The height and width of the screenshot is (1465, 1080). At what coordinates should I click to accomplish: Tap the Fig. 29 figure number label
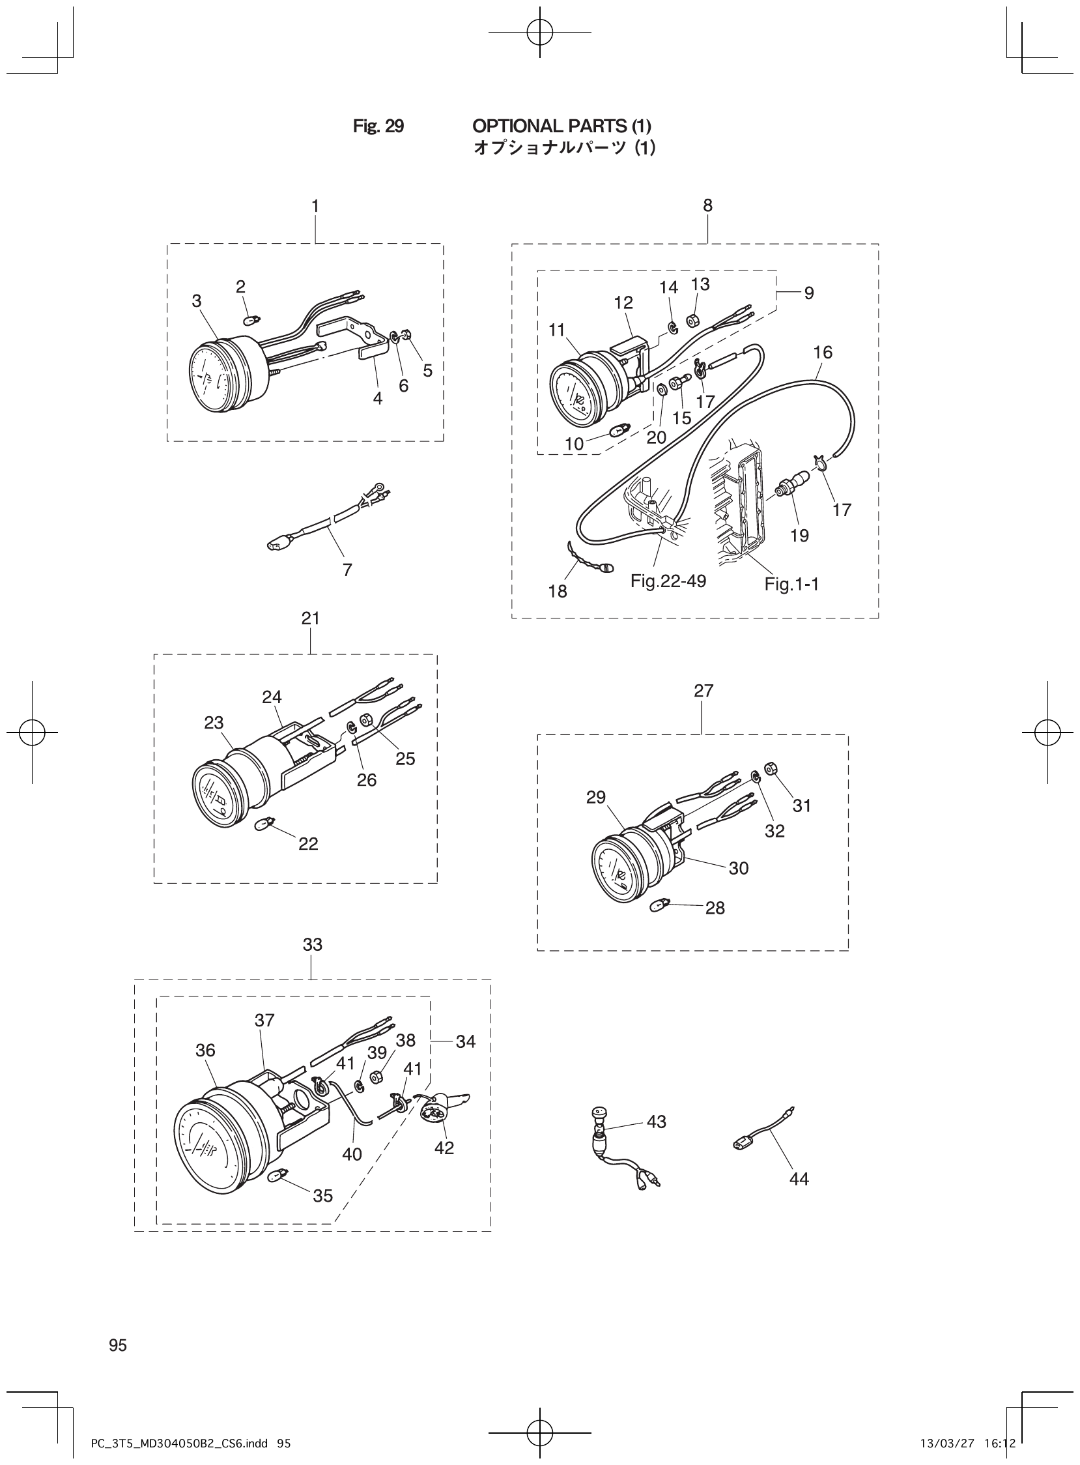pos(378,126)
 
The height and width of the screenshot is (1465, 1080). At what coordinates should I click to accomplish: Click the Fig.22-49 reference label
pos(668,581)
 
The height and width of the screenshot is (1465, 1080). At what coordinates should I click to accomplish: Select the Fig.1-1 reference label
pos(791,584)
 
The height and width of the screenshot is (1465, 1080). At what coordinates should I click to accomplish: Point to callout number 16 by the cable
pos(823,353)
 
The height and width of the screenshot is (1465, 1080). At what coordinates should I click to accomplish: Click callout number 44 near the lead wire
pos(799,1179)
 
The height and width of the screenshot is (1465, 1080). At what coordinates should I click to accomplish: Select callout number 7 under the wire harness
pos(347,570)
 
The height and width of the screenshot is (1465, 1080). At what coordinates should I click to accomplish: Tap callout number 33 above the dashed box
pos(313,945)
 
